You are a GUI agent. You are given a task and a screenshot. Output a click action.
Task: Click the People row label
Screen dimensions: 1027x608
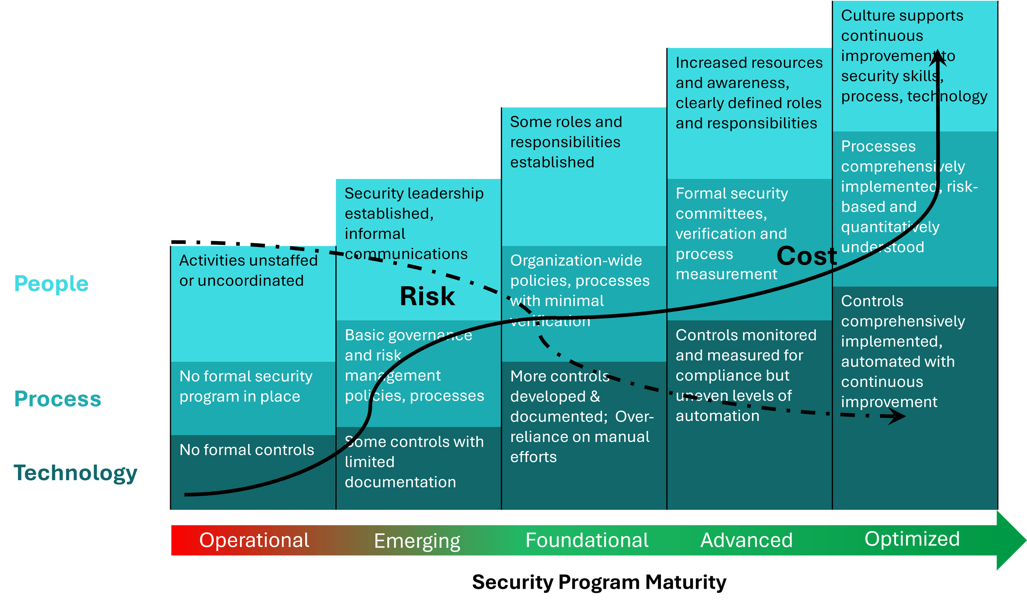(x=51, y=283)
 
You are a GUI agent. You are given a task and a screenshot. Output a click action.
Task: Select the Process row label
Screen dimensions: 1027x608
(x=58, y=399)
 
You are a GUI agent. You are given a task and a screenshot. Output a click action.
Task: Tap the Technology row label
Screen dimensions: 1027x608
(x=76, y=474)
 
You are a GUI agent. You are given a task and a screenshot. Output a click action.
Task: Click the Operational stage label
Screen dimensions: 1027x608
(x=254, y=540)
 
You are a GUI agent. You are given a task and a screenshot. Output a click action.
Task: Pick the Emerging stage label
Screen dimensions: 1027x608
(x=417, y=541)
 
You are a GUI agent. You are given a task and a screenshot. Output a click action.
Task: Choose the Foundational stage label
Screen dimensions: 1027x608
(x=587, y=540)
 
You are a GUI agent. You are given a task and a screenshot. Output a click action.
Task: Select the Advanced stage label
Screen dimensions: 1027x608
(x=746, y=540)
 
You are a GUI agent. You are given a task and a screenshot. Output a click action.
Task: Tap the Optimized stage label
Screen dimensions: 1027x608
(x=912, y=539)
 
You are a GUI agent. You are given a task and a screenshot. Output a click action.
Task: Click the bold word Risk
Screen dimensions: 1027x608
(x=427, y=296)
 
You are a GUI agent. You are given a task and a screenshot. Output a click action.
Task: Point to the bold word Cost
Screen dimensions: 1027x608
(x=806, y=256)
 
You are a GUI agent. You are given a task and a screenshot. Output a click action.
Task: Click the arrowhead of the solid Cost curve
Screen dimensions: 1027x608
(x=938, y=58)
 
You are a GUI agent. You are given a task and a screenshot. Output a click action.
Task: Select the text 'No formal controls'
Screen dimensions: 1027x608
(x=246, y=450)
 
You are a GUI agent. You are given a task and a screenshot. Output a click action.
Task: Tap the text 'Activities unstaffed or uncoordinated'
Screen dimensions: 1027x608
(x=248, y=270)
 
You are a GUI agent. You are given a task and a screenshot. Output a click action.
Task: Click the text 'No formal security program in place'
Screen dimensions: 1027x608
(x=246, y=386)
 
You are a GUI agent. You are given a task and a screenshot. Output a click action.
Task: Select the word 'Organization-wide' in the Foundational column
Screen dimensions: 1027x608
(x=576, y=260)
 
